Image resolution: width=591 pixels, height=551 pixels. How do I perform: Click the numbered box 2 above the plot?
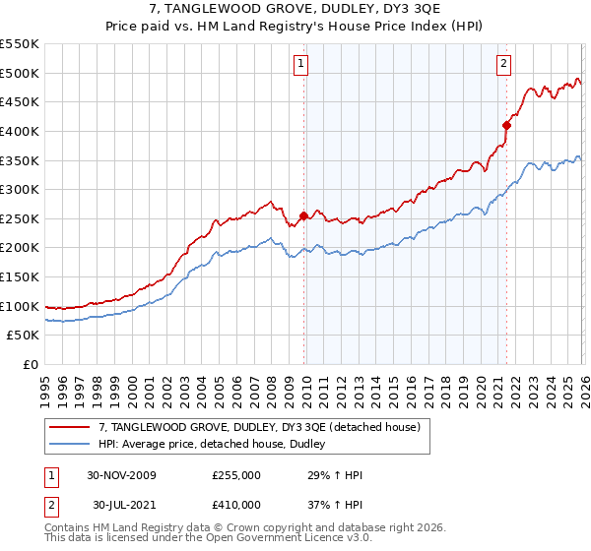pos(503,65)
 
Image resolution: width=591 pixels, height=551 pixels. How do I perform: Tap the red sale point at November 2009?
pos(303,215)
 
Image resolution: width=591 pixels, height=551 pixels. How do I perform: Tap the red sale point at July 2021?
pos(507,125)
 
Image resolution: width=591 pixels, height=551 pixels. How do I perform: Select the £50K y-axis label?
pos(23,336)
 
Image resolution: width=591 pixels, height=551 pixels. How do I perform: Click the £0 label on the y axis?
pos(32,364)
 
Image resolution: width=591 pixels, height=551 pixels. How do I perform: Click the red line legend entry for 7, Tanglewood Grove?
pos(260,427)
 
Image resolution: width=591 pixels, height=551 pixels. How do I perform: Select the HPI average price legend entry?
pos(219,445)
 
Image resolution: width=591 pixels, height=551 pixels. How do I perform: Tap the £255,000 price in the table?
pos(236,475)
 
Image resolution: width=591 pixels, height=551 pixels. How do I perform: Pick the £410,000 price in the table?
pos(236,505)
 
